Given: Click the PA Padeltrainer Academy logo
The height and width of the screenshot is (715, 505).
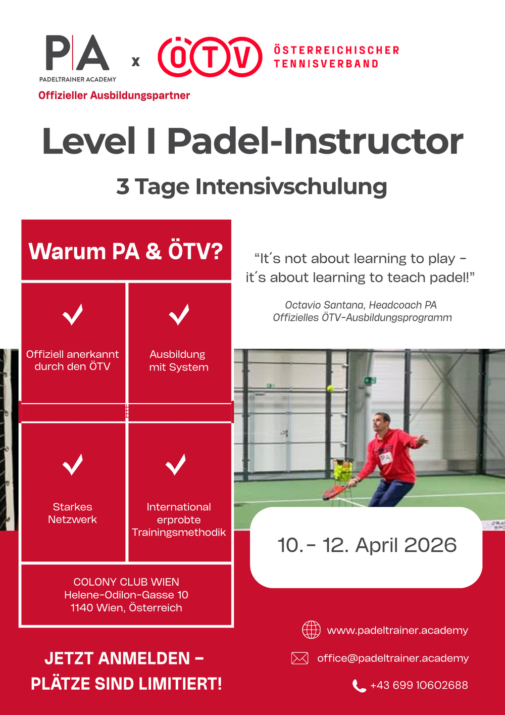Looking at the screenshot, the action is tap(78, 59).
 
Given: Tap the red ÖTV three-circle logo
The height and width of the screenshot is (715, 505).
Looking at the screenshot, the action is tap(210, 57).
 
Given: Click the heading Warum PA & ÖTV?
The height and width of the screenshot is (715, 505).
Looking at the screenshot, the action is tap(126, 252).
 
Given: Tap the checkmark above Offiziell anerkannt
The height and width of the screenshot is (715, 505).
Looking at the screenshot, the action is tap(73, 314).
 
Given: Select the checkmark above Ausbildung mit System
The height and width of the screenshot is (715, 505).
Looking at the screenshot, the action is tap(179, 314).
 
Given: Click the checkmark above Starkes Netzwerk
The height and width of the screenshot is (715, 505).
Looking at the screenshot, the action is tap(73, 464).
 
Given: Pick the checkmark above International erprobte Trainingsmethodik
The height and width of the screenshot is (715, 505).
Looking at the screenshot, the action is tap(176, 464).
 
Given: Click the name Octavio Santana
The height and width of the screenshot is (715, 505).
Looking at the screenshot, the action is tap(324, 305).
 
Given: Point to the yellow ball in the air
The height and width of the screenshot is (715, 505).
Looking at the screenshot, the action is tap(330, 389).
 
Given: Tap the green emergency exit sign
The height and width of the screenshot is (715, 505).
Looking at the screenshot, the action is tap(370, 380).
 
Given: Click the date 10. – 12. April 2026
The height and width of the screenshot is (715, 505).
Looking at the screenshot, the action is tap(367, 545).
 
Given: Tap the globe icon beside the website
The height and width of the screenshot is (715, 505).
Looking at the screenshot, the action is tap(311, 630).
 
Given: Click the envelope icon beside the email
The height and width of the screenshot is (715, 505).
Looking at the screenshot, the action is tap(299, 658).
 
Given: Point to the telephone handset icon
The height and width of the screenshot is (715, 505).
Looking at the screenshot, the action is tap(359, 686).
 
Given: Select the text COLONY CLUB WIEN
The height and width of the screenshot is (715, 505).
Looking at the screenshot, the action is tap(126, 582).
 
